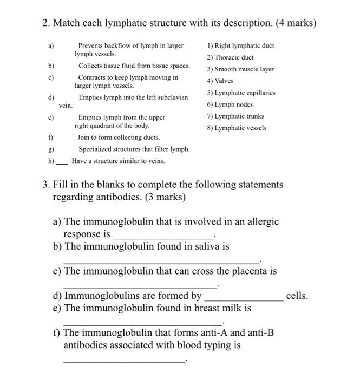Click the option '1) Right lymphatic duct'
240,45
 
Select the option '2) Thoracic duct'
230,57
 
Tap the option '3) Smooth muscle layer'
240,69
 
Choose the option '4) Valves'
220,81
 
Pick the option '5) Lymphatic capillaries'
241,93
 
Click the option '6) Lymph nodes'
230,104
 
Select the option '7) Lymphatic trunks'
235,116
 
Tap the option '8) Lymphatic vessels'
236,128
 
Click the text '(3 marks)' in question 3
163,197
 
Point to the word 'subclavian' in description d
173,97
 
